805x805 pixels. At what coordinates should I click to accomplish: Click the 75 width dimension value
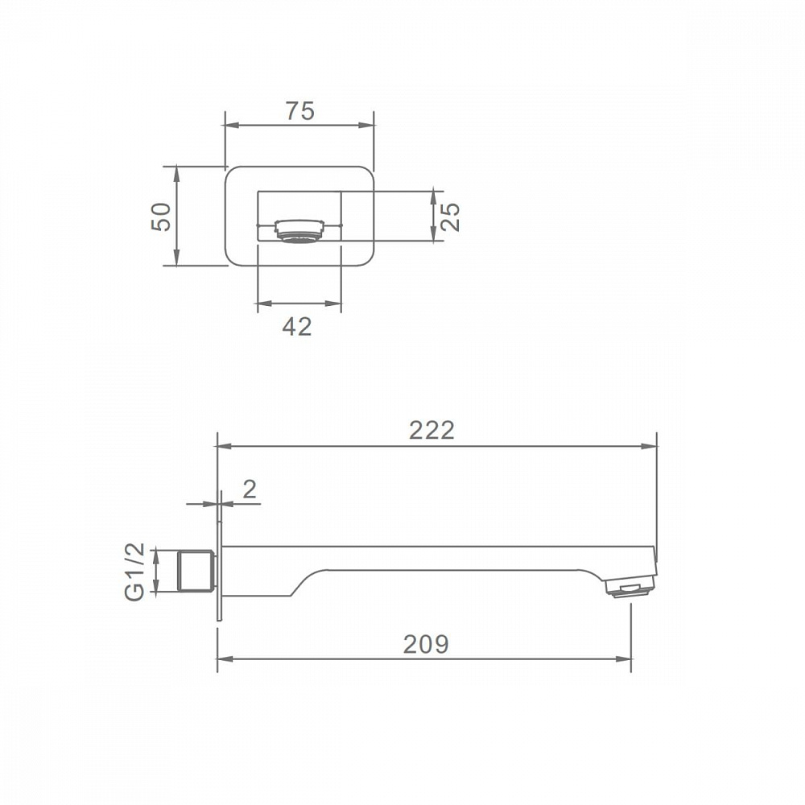coord(299,111)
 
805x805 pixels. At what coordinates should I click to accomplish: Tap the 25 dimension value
coord(449,217)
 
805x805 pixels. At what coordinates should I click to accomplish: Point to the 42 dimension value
coord(297,327)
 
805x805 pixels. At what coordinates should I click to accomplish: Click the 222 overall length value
coord(431,430)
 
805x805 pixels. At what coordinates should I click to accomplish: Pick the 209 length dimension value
coord(426,644)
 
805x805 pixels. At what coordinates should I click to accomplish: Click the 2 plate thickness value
coord(250,489)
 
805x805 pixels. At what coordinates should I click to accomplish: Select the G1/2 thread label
coord(135,572)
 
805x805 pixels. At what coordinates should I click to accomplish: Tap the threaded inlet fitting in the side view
coord(195,571)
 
